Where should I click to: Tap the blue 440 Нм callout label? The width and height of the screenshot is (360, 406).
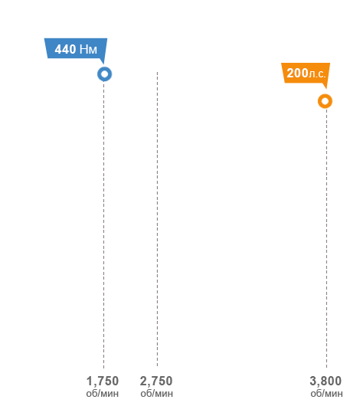pos(76,48)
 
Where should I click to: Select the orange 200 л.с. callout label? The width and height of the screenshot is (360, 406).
pos(306,73)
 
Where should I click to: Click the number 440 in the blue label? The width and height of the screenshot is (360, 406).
pos(65,49)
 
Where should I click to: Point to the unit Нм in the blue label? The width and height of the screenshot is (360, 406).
pos(88,49)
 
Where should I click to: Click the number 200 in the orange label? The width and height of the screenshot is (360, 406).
pos(297,73)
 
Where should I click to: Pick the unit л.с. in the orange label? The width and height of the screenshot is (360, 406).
pos(317,74)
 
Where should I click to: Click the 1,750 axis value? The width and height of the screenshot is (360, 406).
pos(103,381)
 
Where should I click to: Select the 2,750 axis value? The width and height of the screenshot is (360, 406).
pos(156,381)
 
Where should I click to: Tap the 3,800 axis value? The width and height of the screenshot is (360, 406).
pos(326,381)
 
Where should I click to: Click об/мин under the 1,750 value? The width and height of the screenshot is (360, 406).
pos(103,394)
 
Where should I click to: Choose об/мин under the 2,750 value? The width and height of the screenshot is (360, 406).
pos(157,394)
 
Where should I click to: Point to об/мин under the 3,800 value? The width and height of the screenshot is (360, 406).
pos(326,394)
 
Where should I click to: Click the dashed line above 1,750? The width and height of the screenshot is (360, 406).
pos(104,224)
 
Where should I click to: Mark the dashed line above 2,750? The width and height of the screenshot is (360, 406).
pos(157,219)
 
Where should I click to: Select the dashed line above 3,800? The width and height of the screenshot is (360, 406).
pos(326,238)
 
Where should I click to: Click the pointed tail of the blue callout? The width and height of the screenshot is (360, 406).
pos(103,64)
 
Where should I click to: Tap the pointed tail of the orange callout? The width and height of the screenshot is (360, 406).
pos(326,89)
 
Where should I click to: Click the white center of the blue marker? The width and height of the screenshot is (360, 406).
pos(105,74)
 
